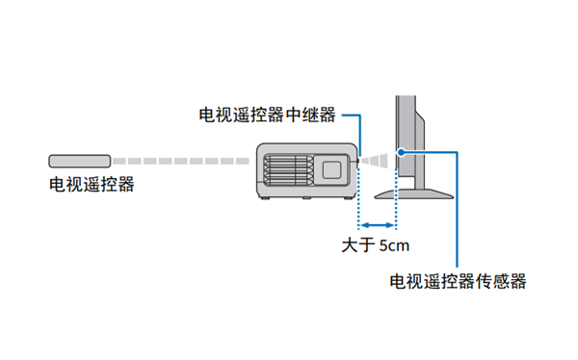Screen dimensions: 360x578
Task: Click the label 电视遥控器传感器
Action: coord(458,281)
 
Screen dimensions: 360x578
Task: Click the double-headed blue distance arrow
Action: coord(378,223)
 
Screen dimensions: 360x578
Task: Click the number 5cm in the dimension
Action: coord(394,244)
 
